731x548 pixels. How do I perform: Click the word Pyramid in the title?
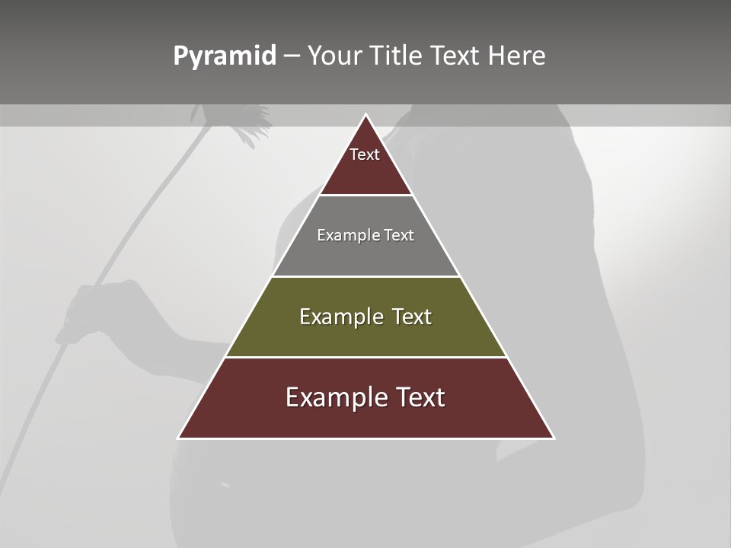[x=225, y=56]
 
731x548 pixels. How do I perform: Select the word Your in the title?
[x=337, y=56]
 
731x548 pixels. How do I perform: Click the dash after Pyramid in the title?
[x=292, y=56]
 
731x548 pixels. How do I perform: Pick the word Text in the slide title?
[x=456, y=56]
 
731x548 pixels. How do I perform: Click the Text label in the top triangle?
[x=365, y=155]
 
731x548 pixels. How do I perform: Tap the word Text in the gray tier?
[x=399, y=235]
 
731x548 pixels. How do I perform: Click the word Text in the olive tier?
[x=412, y=317]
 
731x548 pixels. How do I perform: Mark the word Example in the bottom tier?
[x=328, y=397]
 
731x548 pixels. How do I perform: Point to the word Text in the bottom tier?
[x=422, y=397]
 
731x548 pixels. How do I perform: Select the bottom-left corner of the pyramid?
[x=179, y=438]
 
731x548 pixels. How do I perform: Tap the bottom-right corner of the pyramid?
[x=554, y=438]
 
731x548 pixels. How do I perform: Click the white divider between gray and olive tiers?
[x=366, y=276]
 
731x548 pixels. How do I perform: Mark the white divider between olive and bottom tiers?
[x=366, y=357]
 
